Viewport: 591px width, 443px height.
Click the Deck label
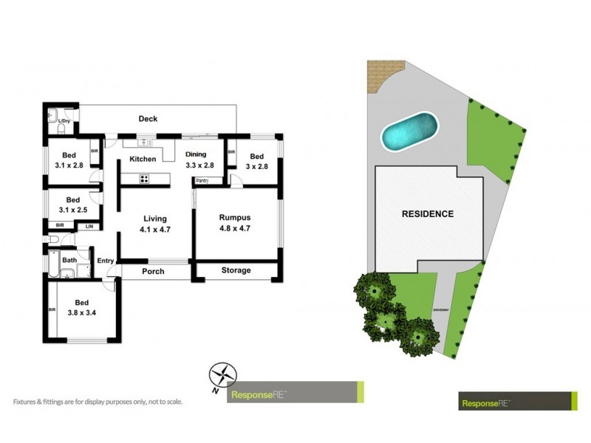[148, 119]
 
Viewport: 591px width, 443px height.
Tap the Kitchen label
[143, 159]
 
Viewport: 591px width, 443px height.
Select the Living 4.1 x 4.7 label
[155, 223]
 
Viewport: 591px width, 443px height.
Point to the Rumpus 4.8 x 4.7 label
[235, 221]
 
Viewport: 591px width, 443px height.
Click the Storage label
[236, 270]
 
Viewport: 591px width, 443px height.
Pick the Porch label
[153, 272]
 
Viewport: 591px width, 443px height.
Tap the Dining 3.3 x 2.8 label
[199, 159]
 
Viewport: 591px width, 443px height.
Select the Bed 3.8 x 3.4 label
[81, 307]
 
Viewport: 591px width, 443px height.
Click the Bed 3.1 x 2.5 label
[72, 205]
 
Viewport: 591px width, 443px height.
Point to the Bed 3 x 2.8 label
[256, 161]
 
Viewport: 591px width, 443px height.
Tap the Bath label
[69, 260]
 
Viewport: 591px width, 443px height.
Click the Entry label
[106, 260]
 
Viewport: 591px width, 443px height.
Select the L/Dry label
[64, 120]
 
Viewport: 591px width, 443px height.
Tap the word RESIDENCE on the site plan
[427, 214]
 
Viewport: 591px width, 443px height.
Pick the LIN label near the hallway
[89, 225]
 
